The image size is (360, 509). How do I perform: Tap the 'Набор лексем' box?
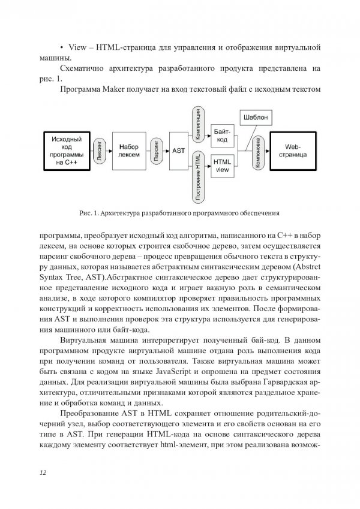coord(128,150)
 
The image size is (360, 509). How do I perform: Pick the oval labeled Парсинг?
coord(156,150)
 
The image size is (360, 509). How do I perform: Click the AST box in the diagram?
coord(178,150)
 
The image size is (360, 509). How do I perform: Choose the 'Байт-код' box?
coord(221,135)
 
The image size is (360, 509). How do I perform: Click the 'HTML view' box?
coord(221,165)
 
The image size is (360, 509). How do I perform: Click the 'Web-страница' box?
coord(292,150)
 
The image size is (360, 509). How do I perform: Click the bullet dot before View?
coord(63,46)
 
